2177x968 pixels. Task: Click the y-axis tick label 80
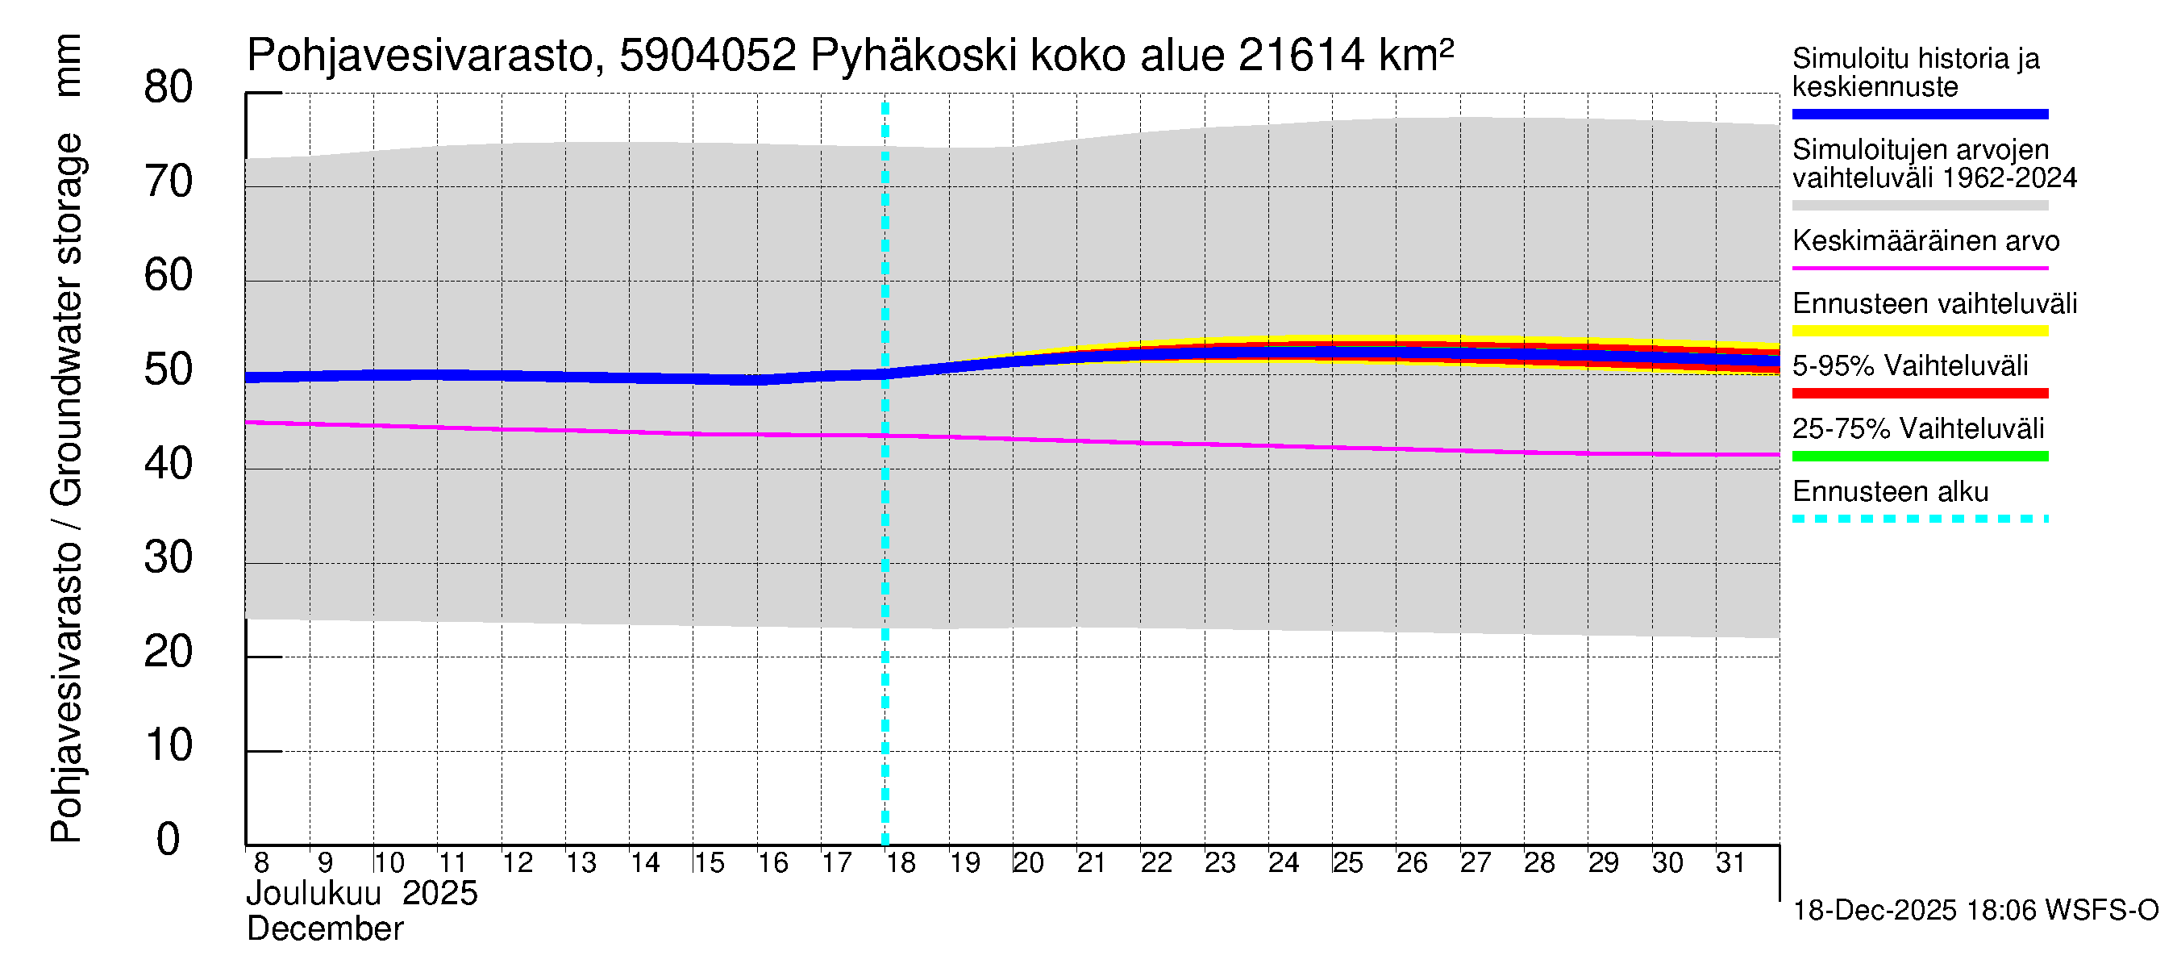click(x=169, y=88)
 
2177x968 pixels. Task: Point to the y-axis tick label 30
click(x=169, y=558)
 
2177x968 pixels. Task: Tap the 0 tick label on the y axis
click(x=169, y=840)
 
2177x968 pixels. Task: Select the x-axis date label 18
click(x=901, y=863)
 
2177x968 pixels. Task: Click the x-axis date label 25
click(x=1348, y=863)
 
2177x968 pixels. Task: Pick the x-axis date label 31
click(x=1730, y=863)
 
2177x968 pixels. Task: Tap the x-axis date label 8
click(x=261, y=863)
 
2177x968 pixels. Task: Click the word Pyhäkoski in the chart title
click(x=914, y=56)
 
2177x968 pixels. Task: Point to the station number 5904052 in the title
click(x=707, y=56)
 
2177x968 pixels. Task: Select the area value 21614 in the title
click(x=1301, y=56)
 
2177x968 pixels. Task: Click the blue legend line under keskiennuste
click(x=1919, y=114)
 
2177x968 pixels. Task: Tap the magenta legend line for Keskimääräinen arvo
click(x=1919, y=268)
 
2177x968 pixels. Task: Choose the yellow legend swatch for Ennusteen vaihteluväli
click(x=1919, y=331)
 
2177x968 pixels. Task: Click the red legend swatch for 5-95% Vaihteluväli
click(x=1919, y=393)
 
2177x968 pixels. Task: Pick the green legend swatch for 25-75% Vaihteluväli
click(x=1919, y=457)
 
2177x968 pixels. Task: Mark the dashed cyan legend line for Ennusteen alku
click(x=1919, y=519)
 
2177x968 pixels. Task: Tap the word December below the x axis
click(x=324, y=929)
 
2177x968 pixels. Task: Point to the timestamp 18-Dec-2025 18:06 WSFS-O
click(x=1975, y=911)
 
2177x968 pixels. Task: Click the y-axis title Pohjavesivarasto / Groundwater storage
click(x=67, y=488)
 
